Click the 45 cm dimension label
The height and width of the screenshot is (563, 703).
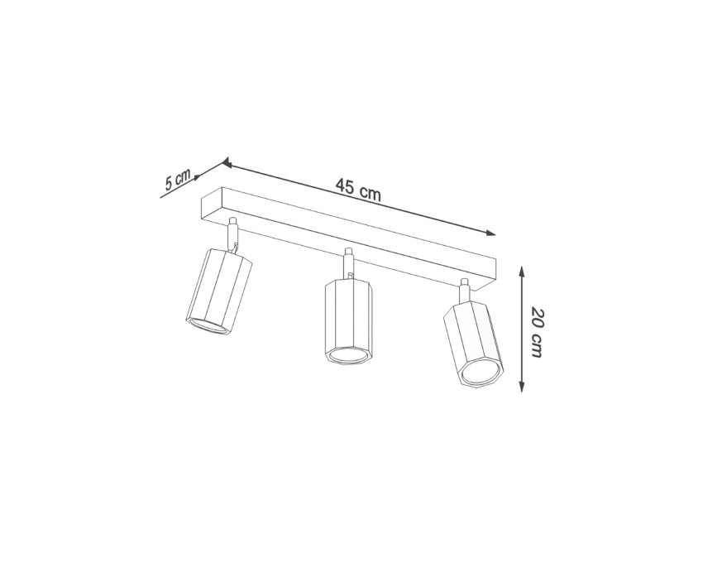point(358,190)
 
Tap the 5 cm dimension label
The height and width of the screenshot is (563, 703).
point(178,179)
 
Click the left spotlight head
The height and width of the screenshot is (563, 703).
point(219,292)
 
